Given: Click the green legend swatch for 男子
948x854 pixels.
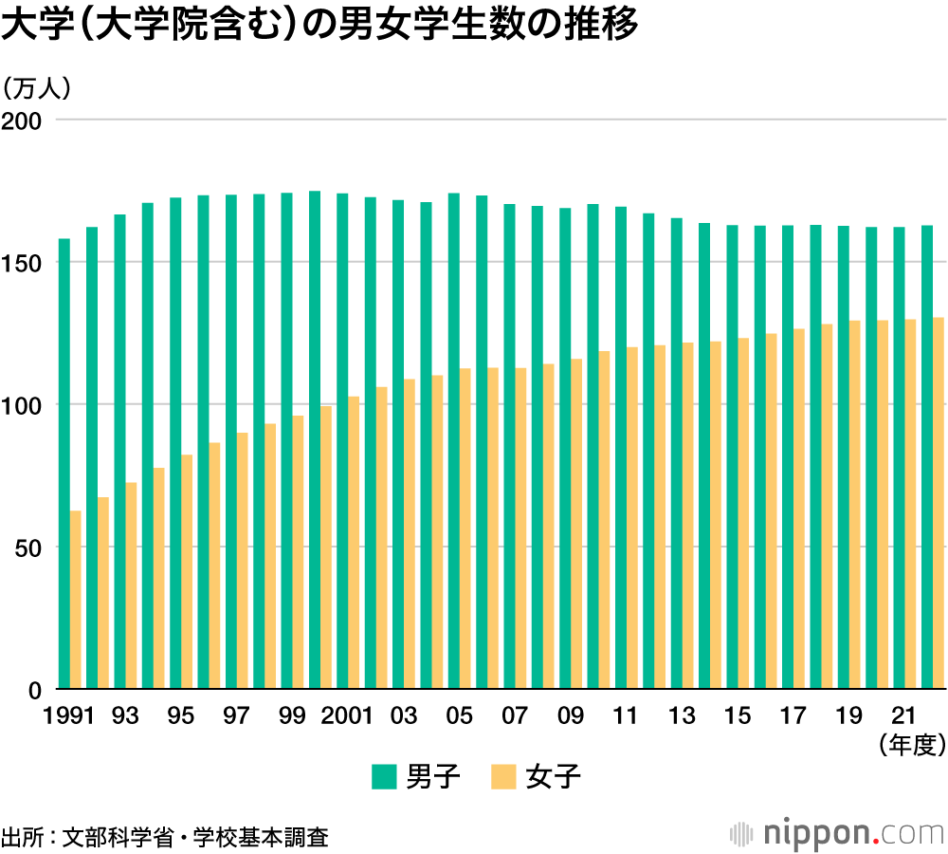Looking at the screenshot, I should (383, 778).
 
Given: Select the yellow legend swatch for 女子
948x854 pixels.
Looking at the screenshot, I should (503, 778).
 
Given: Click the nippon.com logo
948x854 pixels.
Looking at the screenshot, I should (838, 834).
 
